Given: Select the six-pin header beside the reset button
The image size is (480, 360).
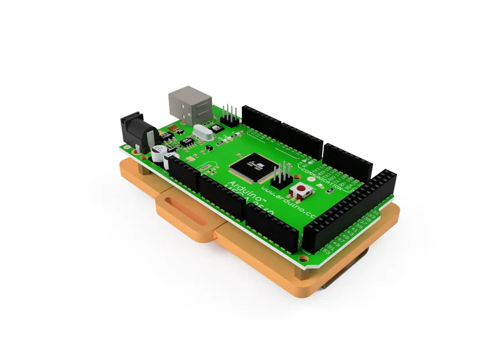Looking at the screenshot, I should click(282, 177).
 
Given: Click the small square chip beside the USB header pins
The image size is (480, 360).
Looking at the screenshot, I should click(216, 128).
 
